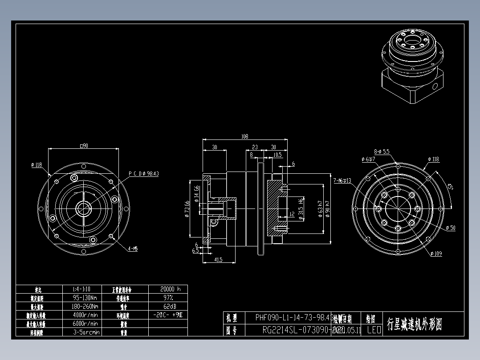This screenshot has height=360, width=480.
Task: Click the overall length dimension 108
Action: point(244,136)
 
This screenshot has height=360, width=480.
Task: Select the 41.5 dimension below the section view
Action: point(218,259)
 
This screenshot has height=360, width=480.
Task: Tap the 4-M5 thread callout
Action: point(132,249)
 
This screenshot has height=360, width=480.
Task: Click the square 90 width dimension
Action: point(83,146)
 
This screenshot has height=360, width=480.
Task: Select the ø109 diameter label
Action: point(436,254)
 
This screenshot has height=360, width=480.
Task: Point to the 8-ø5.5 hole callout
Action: point(382,151)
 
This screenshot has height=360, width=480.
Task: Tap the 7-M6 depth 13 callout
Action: point(342,181)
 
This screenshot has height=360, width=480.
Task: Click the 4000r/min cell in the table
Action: point(85,315)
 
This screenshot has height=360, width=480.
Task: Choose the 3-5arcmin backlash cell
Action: point(85,332)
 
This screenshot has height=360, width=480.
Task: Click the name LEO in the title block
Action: point(374,330)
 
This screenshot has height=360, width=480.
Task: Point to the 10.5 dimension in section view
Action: point(277,155)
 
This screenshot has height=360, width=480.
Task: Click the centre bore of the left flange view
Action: point(83,207)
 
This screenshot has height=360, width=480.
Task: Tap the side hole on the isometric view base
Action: point(436,83)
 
